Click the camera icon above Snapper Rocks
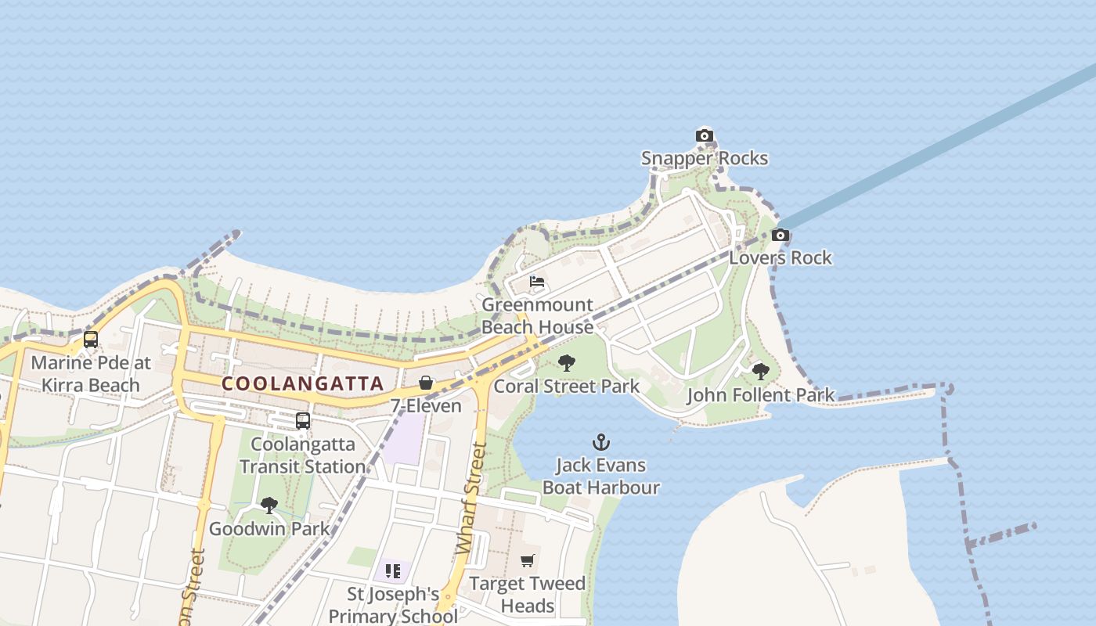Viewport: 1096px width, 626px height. tap(705, 136)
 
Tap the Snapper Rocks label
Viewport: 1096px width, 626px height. tap(705, 158)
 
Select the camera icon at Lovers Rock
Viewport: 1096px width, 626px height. tap(780, 236)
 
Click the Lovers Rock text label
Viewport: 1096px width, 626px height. tap(781, 257)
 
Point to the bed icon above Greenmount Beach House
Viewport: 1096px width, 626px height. tap(537, 282)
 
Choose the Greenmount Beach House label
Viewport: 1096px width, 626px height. tap(538, 316)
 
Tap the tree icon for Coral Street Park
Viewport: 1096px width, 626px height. tap(567, 363)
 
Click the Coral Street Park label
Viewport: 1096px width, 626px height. tap(567, 386)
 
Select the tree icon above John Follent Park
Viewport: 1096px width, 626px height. tap(760, 372)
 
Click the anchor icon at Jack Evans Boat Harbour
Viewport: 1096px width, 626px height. tap(601, 442)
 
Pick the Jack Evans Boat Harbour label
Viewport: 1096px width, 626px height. tap(601, 476)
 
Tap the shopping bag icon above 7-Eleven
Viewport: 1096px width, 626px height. tap(426, 383)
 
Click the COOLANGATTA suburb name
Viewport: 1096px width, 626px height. tap(303, 383)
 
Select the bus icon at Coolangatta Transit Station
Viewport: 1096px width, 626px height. tap(303, 421)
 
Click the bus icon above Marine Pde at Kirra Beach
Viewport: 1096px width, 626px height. tap(91, 340)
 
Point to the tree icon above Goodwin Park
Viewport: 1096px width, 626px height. tap(269, 505)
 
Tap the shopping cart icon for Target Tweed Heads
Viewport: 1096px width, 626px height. tap(528, 560)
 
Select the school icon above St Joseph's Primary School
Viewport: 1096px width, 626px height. tap(393, 571)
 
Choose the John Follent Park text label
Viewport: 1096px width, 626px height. tap(761, 395)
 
